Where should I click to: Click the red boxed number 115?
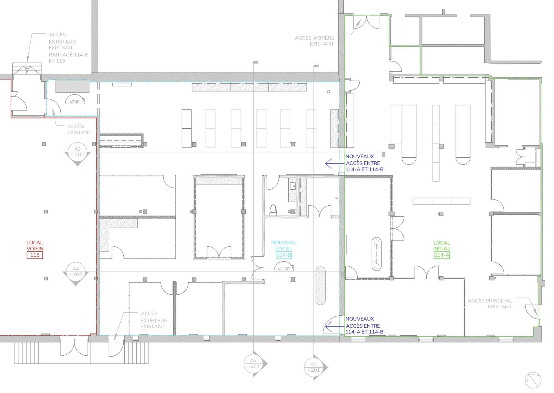point(35,255)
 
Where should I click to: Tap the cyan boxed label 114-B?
point(284,255)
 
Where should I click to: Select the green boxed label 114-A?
point(442,255)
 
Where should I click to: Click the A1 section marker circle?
point(314,367)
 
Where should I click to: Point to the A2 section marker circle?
point(253,364)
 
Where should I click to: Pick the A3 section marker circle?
point(78,152)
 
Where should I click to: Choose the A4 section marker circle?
point(76,272)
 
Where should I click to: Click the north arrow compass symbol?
point(533,380)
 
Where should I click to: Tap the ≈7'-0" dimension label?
point(75,102)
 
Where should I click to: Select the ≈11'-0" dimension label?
point(284,269)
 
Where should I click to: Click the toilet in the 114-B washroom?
point(273,210)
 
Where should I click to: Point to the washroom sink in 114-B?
point(293,186)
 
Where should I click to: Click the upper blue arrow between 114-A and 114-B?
point(335,164)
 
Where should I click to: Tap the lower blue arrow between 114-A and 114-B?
point(335,327)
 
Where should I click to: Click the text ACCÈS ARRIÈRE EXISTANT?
point(315,41)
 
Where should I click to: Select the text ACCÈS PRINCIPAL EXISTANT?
point(490,304)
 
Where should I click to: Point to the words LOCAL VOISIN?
point(35,246)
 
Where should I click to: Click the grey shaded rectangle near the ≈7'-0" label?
point(72,87)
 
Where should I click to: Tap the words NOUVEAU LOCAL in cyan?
point(284,246)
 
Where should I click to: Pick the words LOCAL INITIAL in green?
point(442,246)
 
